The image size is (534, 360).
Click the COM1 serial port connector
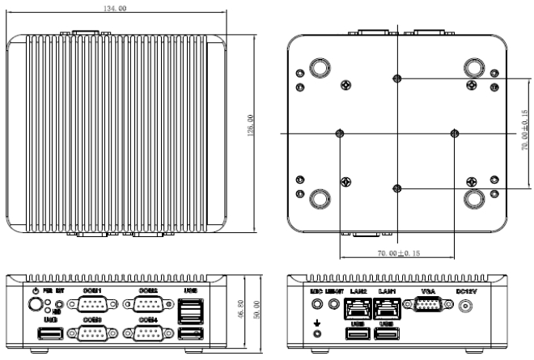(91, 305)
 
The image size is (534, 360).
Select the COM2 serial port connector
(147, 305)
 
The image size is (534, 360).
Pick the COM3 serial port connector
(91, 335)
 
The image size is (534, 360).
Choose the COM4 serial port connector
(147, 335)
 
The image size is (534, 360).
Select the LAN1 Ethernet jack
(386, 307)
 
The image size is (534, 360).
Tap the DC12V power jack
(465, 307)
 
